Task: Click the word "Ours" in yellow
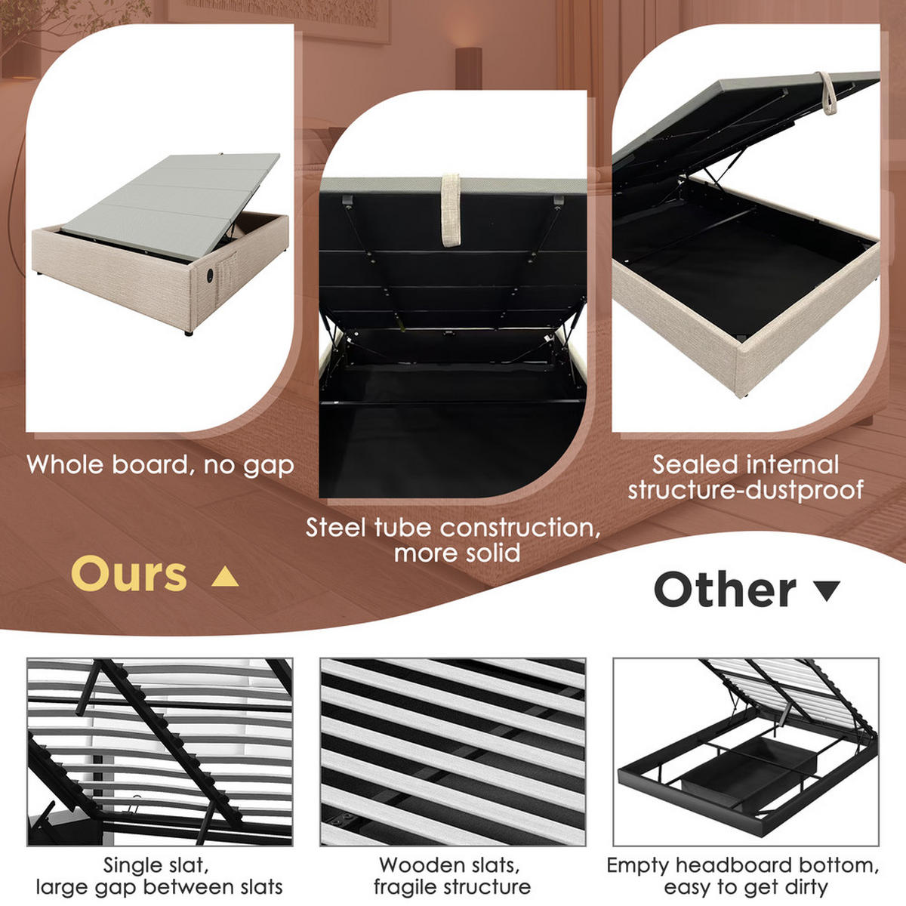click(129, 575)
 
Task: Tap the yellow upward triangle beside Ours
click(225, 578)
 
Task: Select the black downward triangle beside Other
click(828, 590)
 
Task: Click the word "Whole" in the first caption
click(66, 464)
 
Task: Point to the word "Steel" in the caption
click(337, 528)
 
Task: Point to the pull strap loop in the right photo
click(829, 94)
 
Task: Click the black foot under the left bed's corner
click(187, 332)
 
